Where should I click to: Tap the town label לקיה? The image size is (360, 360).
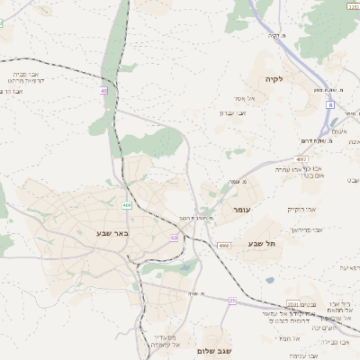[x=274, y=79]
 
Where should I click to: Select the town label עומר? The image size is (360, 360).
[x=240, y=210]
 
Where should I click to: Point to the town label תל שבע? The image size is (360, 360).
[x=263, y=243]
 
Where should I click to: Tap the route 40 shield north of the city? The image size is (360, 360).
[x=104, y=91]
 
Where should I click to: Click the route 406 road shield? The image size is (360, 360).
[x=128, y=206]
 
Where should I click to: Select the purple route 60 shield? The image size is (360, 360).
[x=174, y=238]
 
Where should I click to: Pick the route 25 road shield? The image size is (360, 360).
[x=232, y=301]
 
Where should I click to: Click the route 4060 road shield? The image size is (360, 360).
[x=224, y=245]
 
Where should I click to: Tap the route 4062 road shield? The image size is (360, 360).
[x=301, y=159]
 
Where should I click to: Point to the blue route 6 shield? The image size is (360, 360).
[x=330, y=105]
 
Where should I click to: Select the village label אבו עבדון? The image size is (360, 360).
[x=232, y=113]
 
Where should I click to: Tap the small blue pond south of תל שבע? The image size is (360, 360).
[x=270, y=280]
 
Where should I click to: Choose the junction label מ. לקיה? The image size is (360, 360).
[x=275, y=36]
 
